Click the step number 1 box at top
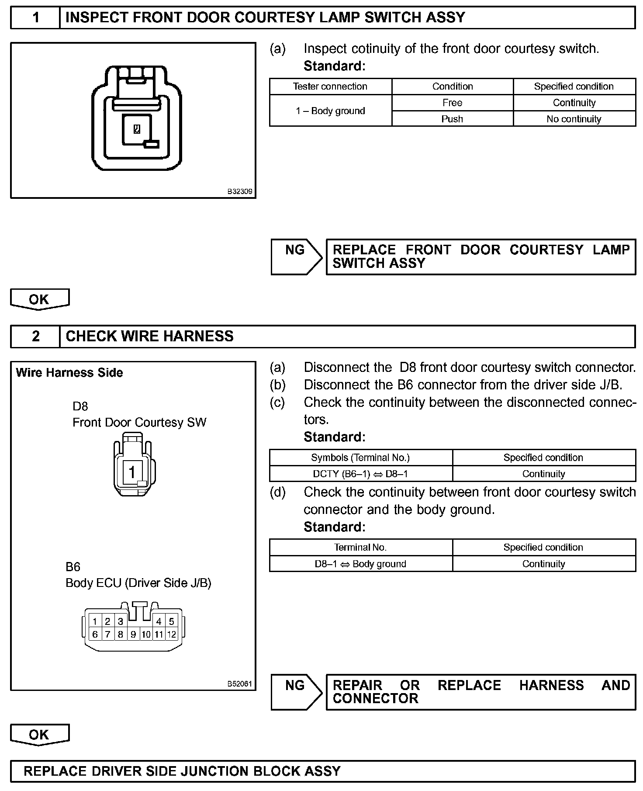click(x=35, y=18)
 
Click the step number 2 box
click(x=35, y=337)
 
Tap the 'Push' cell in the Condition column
click(x=452, y=119)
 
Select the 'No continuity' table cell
click(x=574, y=119)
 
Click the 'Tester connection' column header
click(x=330, y=87)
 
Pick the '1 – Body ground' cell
click(x=330, y=111)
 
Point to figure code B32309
click(x=239, y=191)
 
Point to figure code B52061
click(x=239, y=684)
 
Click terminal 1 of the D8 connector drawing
click(x=132, y=472)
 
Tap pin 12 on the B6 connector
click(x=172, y=635)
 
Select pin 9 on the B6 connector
click(x=134, y=635)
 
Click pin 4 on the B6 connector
click(x=159, y=621)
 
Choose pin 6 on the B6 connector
click(x=95, y=635)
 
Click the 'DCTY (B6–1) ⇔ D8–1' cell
click(x=360, y=474)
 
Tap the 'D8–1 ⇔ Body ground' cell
click(x=360, y=564)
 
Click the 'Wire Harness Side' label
click(x=69, y=373)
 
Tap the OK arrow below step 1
click(x=39, y=299)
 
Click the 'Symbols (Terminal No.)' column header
click(x=360, y=458)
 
